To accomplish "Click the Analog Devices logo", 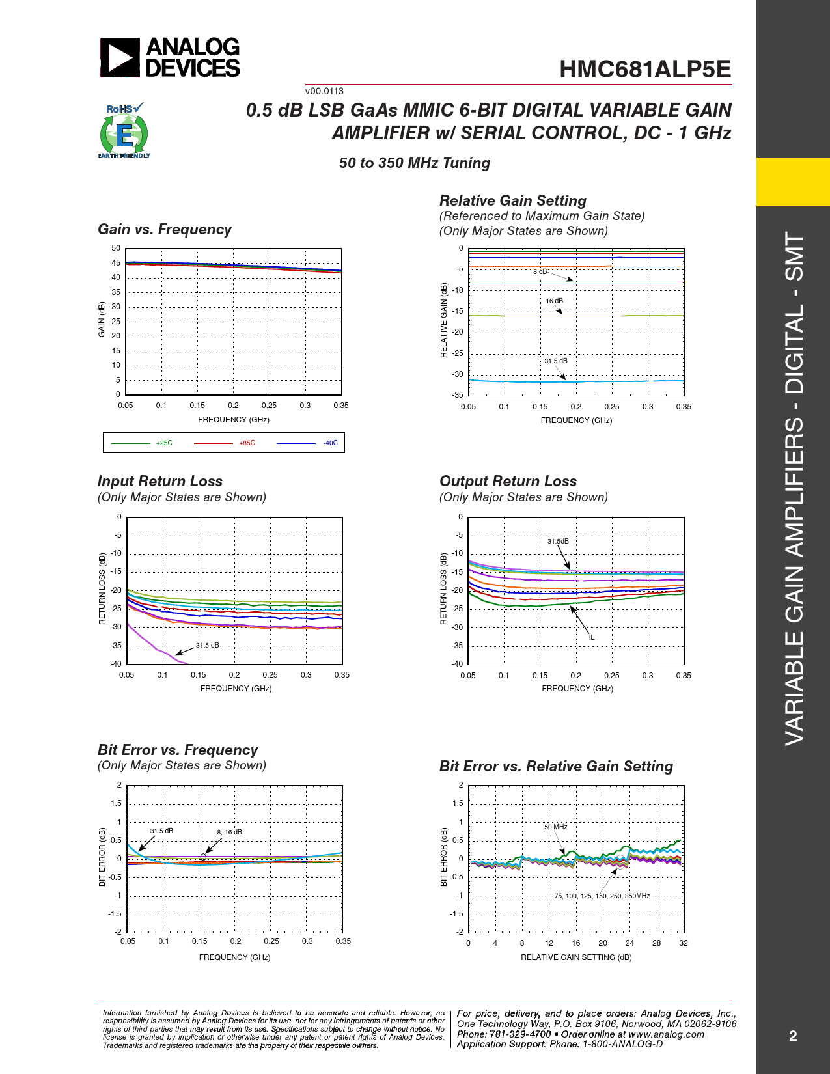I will coord(170,57).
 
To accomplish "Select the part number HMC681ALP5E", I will coord(645,70).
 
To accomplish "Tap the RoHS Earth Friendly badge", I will coord(124,131).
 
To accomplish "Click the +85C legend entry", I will coord(247,443).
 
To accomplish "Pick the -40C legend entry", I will coord(330,443).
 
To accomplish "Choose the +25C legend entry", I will coord(164,443).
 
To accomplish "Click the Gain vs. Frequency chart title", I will coord(165,230).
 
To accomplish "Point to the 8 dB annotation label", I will coord(540,271).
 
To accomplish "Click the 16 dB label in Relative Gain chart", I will coord(555,301).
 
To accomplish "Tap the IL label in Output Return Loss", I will coord(591,637).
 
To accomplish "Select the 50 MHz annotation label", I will coord(556,827).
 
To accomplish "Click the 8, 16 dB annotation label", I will coord(229,832).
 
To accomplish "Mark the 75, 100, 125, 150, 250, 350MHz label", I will coord(602,896).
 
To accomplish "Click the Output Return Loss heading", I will coord(508,482).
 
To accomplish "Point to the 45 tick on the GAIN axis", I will coord(116,263).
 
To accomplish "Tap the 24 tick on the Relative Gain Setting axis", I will coord(629,943).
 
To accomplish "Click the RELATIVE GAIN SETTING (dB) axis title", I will coord(576,957).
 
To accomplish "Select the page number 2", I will coord(793,1036).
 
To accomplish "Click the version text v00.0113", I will coord(324,91).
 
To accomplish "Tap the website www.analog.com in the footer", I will coord(667,1034).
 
